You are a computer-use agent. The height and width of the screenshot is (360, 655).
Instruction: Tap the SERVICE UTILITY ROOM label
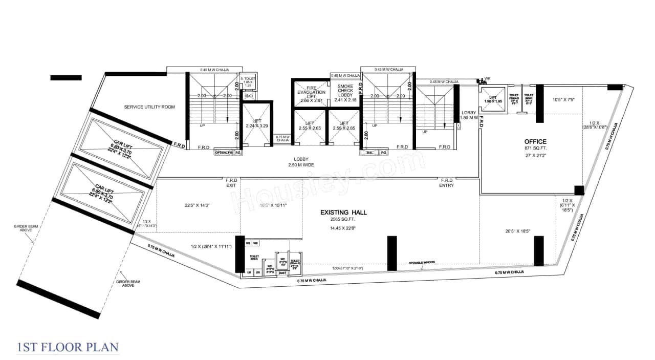coord(149,107)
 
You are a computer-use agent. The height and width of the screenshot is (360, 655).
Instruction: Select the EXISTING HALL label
coord(343,212)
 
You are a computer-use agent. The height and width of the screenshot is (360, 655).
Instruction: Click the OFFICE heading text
coord(535,141)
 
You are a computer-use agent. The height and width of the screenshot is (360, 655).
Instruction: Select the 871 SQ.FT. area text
coord(535,148)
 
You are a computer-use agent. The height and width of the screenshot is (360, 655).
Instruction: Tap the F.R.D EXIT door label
coord(232,183)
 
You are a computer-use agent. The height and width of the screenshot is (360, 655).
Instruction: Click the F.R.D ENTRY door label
coord(446,183)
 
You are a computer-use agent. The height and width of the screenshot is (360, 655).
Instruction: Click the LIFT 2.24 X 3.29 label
coord(256,123)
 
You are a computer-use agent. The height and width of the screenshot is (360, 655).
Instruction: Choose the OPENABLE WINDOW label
coord(422,262)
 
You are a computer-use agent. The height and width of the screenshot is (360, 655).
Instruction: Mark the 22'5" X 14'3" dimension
coord(198,205)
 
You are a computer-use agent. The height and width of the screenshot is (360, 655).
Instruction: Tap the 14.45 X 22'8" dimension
coord(343,229)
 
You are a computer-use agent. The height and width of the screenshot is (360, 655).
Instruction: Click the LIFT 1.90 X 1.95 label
coord(493,99)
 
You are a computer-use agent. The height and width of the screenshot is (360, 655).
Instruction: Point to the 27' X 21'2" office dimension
coord(535,156)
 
